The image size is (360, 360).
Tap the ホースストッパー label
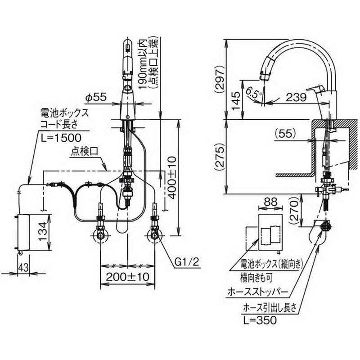pos(258,291)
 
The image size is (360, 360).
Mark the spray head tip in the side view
pos(263,72)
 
